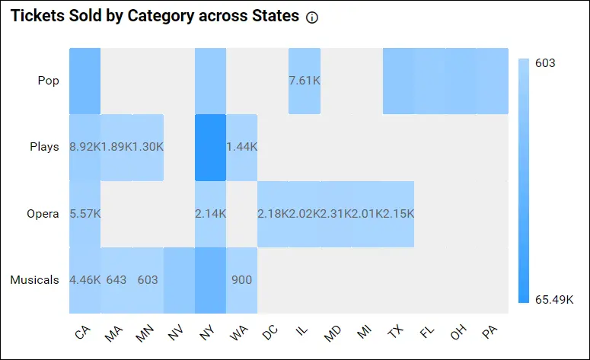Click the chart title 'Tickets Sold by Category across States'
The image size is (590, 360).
pyautogui.click(x=155, y=17)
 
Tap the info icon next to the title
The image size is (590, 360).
pyautogui.click(x=311, y=18)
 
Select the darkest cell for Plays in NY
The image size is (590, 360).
pyautogui.click(x=210, y=148)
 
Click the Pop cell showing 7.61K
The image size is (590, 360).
pyautogui.click(x=304, y=81)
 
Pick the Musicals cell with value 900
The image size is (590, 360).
pyautogui.click(x=241, y=280)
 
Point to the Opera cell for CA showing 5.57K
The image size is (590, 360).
pyautogui.click(x=85, y=214)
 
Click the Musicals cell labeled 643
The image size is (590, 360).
pyautogui.click(x=116, y=280)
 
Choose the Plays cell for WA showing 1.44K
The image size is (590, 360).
pyautogui.click(x=241, y=148)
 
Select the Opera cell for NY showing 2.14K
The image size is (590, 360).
pyautogui.click(x=210, y=214)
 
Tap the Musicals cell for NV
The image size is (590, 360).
pyautogui.click(x=179, y=280)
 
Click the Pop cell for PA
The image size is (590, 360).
pyautogui.click(x=492, y=81)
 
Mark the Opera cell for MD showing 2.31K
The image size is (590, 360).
pyautogui.click(x=335, y=214)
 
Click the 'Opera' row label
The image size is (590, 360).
pyautogui.click(x=43, y=214)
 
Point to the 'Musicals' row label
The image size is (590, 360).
pyautogui.click(x=34, y=280)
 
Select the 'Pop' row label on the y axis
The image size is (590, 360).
pyautogui.click(x=48, y=80)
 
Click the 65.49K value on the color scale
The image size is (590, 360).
pyautogui.click(x=554, y=300)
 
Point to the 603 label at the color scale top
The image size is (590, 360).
pyautogui.click(x=545, y=63)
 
